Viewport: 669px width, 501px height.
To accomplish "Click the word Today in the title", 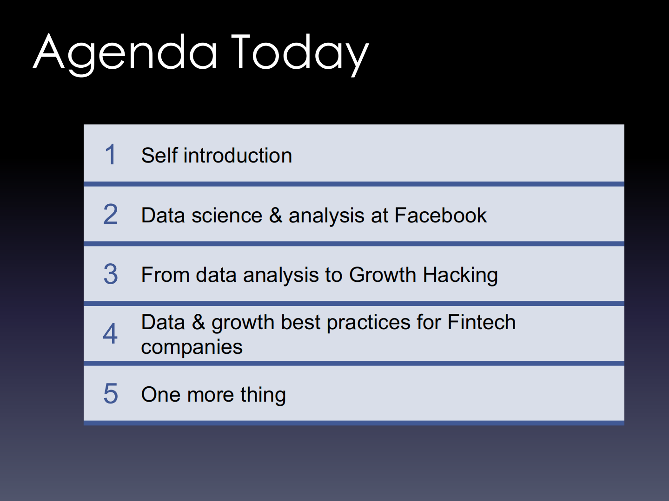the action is tap(300, 55).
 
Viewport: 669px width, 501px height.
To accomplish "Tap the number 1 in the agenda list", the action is tap(111, 155).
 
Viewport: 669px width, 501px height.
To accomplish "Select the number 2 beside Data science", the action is tap(110, 214).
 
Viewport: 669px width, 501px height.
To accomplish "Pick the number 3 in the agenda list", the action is tap(111, 274).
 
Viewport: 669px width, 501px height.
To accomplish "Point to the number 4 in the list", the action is tap(110, 333).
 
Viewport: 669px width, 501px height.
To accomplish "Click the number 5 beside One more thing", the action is tap(111, 394).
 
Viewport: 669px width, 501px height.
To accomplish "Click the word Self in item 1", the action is tap(159, 156).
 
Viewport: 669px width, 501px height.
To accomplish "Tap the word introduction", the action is tap(238, 156).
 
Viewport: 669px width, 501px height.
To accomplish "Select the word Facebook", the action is tap(440, 215).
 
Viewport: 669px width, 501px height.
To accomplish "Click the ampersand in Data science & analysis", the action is tap(276, 215).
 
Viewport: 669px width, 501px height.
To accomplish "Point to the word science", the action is tap(227, 215).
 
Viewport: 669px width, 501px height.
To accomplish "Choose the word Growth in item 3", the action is tap(383, 275).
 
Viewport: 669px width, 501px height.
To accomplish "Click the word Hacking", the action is tap(460, 275).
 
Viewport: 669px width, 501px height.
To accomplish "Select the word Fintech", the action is tap(482, 322).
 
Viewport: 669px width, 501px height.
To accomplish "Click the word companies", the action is tap(192, 347).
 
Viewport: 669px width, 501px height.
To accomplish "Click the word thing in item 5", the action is tap(263, 395).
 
